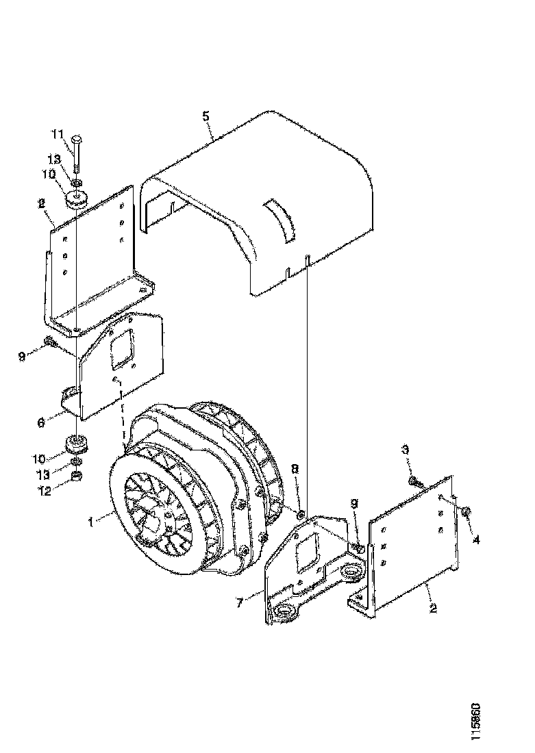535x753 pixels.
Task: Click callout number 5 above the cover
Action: pos(206,115)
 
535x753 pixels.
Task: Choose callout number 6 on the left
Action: pos(42,423)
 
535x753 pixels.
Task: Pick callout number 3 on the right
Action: pos(405,450)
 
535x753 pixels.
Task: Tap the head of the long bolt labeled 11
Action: pos(77,138)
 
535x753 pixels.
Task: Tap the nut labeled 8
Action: pos(300,513)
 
